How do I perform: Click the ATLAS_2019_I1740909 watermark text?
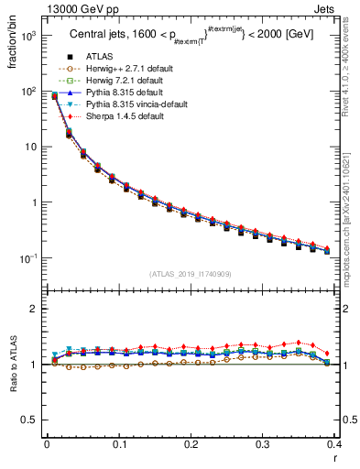(191, 274)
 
